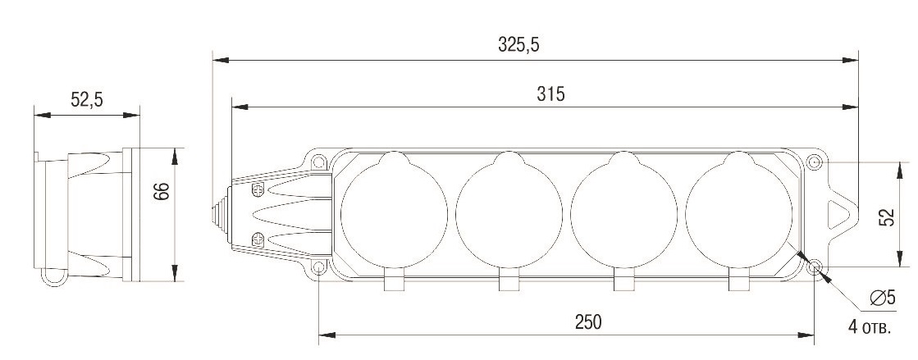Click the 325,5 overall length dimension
pyautogui.click(x=518, y=44)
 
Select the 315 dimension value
pyautogui.click(x=550, y=93)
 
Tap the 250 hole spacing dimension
pyautogui.click(x=588, y=322)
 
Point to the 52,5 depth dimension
pyautogui.click(x=87, y=99)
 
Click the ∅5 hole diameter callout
pyautogui.click(x=883, y=298)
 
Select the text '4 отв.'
pyautogui.click(x=870, y=326)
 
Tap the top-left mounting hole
pyautogui.click(x=318, y=162)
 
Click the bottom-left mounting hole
pyautogui.click(x=318, y=268)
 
